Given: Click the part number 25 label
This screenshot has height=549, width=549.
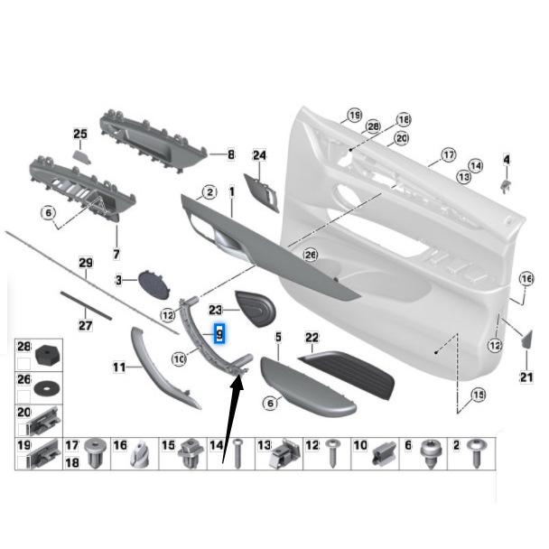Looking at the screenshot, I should pyautogui.click(x=79, y=135).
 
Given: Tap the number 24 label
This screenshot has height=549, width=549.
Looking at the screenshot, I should pyautogui.click(x=260, y=155).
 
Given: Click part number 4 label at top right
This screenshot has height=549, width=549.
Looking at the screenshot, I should pyautogui.click(x=506, y=161).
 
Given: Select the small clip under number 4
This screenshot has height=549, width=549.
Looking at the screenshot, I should pyautogui.click(x=507, y=184).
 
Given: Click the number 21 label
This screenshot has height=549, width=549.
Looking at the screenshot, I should pyautogui.click(x=526, y=377).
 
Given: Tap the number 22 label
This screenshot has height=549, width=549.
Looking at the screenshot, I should pyautogui.click(x=312, y=339).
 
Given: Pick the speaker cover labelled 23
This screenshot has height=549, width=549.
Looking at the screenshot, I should pyautogui.click(x=258, y=308).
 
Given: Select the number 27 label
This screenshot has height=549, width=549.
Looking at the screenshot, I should pyautogui.click(x=86, y=325).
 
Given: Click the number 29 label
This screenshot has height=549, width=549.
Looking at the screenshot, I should pyautogui.click(x=86, y=264).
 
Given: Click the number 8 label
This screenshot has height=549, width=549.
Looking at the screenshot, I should pyautogui.click(x=230, y=154).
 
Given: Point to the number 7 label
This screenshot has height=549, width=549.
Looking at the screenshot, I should pyautogui.click(x=116, y=256).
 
